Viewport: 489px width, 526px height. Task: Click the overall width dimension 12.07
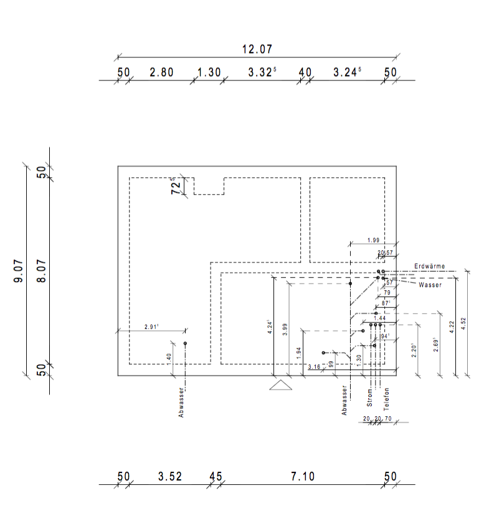257,49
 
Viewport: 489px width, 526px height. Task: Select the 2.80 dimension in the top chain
161,72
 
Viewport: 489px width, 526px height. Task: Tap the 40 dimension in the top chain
305,72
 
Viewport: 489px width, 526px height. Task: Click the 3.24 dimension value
346,72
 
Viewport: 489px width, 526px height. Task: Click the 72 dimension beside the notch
176,186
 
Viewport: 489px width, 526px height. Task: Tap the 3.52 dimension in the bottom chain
169,477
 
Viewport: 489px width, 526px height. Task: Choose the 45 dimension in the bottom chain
216,477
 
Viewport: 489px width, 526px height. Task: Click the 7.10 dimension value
303,477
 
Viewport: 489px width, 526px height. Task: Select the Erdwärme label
430,266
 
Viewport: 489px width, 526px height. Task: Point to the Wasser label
430,285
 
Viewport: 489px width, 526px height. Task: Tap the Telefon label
386,397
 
